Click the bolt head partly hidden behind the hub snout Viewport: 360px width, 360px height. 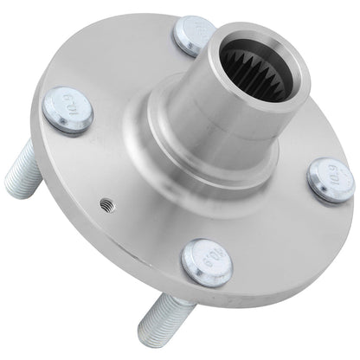pos(194,37)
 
